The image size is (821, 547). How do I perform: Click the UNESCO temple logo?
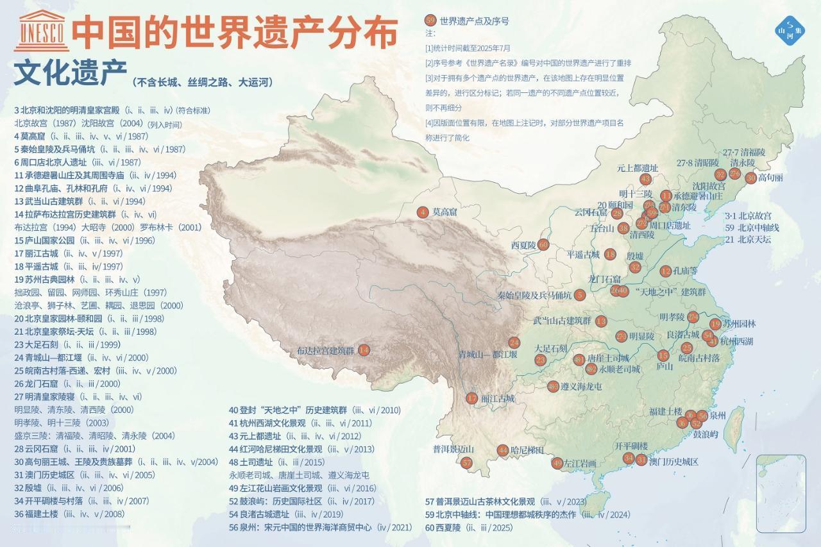pos(42,31)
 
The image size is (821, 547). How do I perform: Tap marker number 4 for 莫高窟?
pos(422,212)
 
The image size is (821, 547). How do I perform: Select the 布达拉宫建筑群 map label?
pos(325,351)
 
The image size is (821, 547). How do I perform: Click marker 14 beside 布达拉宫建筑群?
pos(364,350)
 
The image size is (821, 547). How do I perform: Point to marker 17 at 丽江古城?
pos(472,398)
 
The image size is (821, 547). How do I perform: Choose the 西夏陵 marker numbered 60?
pos(543,244)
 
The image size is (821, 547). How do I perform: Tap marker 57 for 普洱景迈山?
pos(467,462)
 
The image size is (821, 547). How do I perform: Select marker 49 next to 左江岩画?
pos(557,463)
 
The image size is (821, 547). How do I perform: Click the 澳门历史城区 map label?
pos(673,462)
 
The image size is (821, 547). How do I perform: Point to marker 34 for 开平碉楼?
pos(628,458)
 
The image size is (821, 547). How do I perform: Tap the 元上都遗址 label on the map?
pos(638,168)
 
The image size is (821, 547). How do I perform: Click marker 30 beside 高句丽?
pos(750,178)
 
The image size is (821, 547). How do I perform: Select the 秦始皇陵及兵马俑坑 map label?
pos(534,295)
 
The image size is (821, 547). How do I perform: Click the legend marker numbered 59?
pos(430,21)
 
